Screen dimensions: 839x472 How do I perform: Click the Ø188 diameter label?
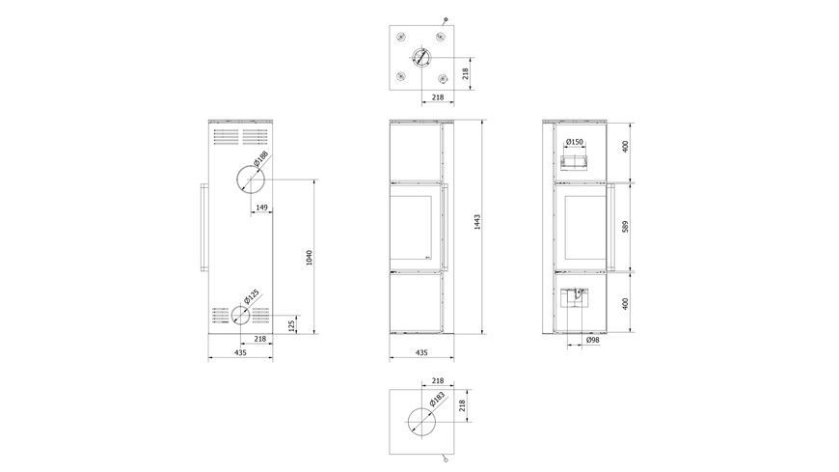point(260,158)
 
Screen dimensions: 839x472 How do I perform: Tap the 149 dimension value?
point(261,208)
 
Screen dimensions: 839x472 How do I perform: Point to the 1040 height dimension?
point(309,258)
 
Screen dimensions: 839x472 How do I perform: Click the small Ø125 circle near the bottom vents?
point(231,316)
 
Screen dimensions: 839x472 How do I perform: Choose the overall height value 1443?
point(477,222)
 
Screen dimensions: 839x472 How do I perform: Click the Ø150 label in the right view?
point(574,142)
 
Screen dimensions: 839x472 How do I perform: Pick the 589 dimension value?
point(625,226)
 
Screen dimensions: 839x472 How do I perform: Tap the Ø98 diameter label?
point(592,340)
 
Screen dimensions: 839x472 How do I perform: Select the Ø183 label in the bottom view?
point(437,400)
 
